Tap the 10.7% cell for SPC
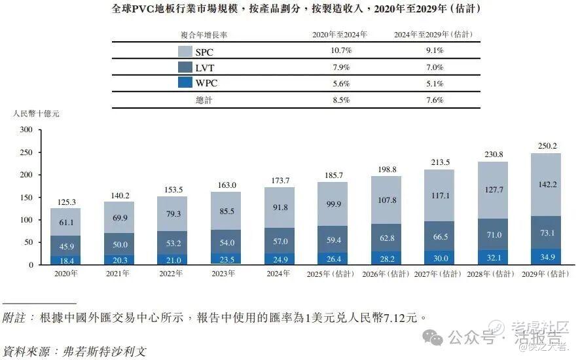(x=341, y=50)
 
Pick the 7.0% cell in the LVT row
(x=434, y=67)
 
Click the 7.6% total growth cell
(x=434, y=100)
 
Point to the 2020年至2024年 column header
(x=341, y=34)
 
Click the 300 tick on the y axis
(x=26, y=130)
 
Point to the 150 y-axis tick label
(x=26, y=198)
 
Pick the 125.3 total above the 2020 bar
(x=66, y=202)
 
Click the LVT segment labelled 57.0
(x=280, y=242)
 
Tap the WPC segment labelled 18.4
(x=66, y=261)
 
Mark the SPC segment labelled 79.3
(x=173, y=214)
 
